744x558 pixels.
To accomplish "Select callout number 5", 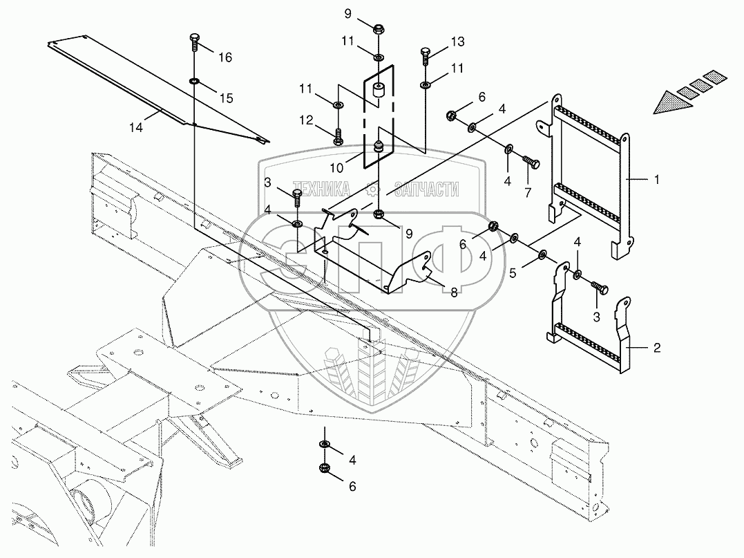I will coord(513,272).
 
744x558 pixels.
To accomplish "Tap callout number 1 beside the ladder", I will coord(656,178).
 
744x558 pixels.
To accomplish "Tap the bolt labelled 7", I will coord(531,162).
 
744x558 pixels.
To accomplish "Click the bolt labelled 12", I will coord(338,136).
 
